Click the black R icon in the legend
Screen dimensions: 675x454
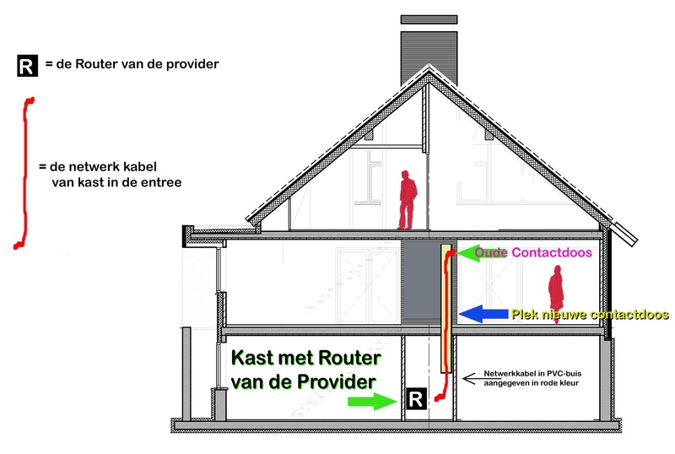tap(28, 66)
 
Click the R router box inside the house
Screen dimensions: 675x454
tap(416, 398)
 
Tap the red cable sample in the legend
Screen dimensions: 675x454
tap(24, 172)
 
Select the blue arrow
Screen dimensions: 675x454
tap(483, 314)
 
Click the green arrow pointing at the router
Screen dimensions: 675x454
tap(372, 402)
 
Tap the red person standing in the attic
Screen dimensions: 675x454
tap(407, 200)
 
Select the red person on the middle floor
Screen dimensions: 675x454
tap(556, 294)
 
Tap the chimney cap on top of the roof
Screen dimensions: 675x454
tap(429, 19)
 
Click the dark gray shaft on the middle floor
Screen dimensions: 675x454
tap(420, 282)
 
